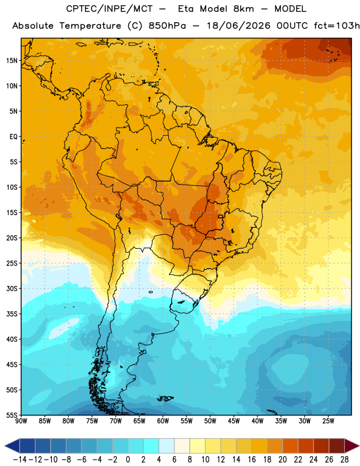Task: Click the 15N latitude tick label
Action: pyautogui.click(x=12, y=61)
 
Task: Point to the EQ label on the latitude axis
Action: pyautogui.click(x=13, y=137)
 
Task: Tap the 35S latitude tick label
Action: pyautogui.click(x=12, y=314)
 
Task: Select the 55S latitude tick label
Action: pyautogui.click(x=12, y=415)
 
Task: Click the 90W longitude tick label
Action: pyautogui.click(x=21, y=421)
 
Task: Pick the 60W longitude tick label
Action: pyautogui.click(x=163, y=421)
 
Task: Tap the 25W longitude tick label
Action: pyautogui.click(x=328, y=421)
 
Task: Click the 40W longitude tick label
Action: pyautogui.click(x=257, y=421)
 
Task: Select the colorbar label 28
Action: pyautogui.click(x=344, y=460)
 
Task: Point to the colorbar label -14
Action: pyautogui.click(x=20, y=460)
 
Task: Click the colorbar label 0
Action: pyautogui.click(x=128, y=460)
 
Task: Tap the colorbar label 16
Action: pyautogui.click(x=252, y=460)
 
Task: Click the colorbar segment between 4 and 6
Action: pyautogui.click(x=167, y=446)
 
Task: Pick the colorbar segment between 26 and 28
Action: pyautogui.click(x=337, y=446)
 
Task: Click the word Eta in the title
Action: pyautogui.click(x=186, y=9)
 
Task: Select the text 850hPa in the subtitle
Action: pyautogui.click(x=167, y=26)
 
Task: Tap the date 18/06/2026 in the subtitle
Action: pyautogui.click(x=238, y=26)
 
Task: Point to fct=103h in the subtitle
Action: pyautogui.click(x=337, y=26)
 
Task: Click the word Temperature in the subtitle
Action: pyautogui.click(x=90, y=26)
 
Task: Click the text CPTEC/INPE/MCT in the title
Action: pyautogui.click(x=110, y=9)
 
